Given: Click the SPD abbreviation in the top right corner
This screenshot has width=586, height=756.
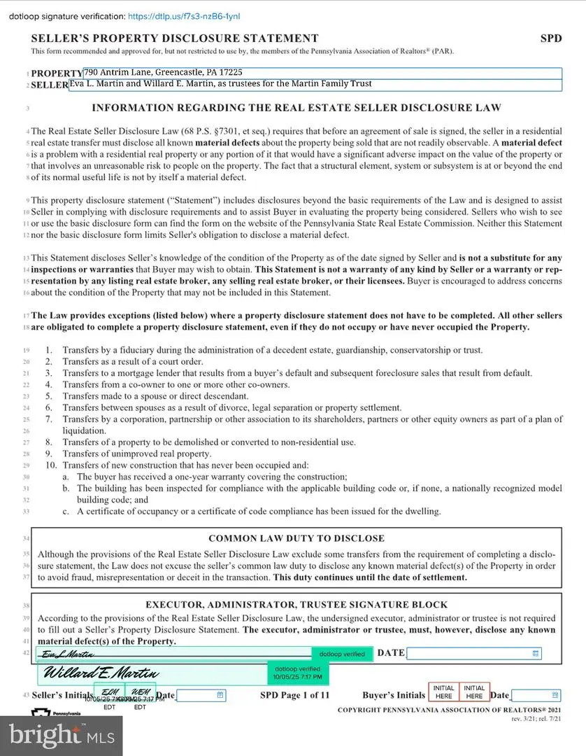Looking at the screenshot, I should click(550, 38).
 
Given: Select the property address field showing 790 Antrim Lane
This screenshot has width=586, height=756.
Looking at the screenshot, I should click(322, 72).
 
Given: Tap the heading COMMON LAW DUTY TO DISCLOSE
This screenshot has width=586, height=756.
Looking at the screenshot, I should click(296, 538).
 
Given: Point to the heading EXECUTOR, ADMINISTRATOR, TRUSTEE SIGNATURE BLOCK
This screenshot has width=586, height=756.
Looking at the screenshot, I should click(296, 604).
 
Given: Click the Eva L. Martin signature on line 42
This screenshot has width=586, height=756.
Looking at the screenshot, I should click(67, 654).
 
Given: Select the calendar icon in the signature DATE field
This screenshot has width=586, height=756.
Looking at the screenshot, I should click(536, 653).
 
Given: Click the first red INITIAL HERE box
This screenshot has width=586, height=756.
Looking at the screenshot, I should click(443, 692).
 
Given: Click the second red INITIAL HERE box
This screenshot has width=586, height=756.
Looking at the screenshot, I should click(474, 692).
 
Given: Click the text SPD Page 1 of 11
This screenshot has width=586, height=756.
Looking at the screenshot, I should click(294, 695).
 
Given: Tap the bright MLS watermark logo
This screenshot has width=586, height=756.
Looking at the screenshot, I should click(61, 736).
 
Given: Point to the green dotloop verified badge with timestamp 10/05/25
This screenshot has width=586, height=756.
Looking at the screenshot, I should click(298, 673).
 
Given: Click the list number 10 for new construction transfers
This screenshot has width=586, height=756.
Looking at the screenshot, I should click(51, 465).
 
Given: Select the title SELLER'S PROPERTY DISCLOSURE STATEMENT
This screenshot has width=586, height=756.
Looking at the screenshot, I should click(174, 38).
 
